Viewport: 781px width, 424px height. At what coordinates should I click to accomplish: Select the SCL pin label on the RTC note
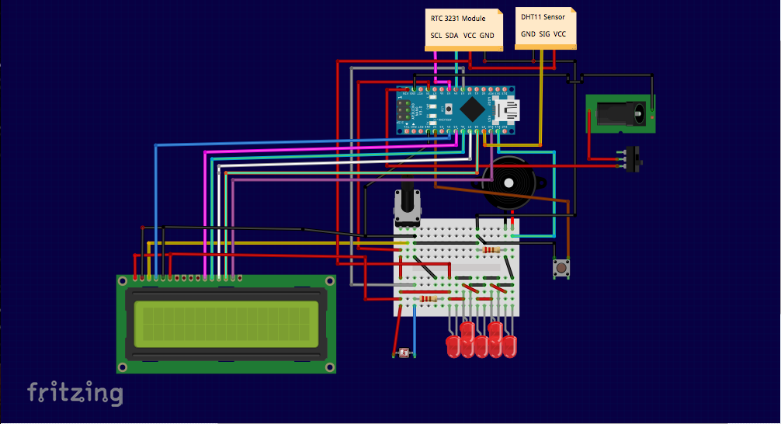436,36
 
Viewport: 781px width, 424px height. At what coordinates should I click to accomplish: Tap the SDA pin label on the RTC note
452,36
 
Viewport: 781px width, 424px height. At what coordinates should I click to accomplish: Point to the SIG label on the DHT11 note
544,34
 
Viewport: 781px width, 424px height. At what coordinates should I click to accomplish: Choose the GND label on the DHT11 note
528,34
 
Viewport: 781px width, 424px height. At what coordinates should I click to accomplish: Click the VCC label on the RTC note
470,36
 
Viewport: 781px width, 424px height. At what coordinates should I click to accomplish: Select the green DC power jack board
620,115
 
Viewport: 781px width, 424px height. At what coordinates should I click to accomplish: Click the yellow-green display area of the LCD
226,324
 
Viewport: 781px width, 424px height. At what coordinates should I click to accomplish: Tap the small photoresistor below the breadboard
403,354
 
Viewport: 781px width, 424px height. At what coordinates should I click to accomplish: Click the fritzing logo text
75,393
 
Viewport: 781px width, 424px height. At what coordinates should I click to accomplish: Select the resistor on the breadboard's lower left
428,299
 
